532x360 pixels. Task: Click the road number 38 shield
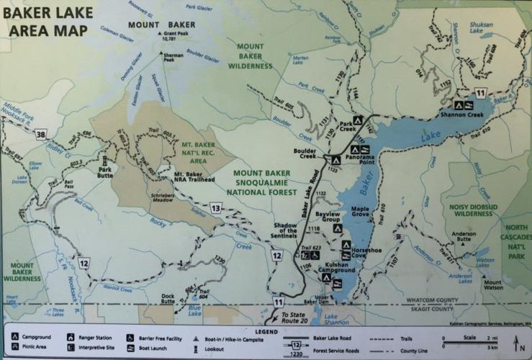pos(40,135)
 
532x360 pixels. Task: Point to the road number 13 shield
pos(215,209)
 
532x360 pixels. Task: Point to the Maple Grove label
pos(360,212)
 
